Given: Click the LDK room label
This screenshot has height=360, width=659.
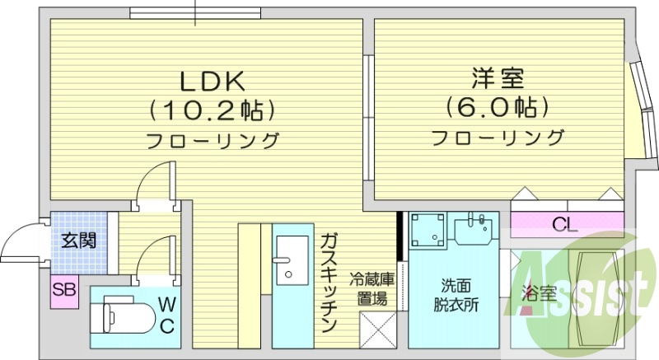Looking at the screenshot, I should click(211, 82).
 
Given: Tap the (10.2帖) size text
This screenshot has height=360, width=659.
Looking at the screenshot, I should click(211, 110).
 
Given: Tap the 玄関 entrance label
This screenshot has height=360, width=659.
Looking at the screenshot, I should click(80, 241).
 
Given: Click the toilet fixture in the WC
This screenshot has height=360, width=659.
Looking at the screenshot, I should click(124, 316).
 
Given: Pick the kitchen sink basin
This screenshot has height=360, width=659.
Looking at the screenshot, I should click(290, 256).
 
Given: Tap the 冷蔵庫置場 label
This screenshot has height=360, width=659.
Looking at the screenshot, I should click(372, 289).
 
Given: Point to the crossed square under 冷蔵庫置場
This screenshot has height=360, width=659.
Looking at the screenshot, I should click(378, 333).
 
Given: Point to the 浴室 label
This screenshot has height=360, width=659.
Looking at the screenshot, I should click(536, 292).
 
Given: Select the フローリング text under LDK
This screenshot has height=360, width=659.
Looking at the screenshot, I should click(212, 140).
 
